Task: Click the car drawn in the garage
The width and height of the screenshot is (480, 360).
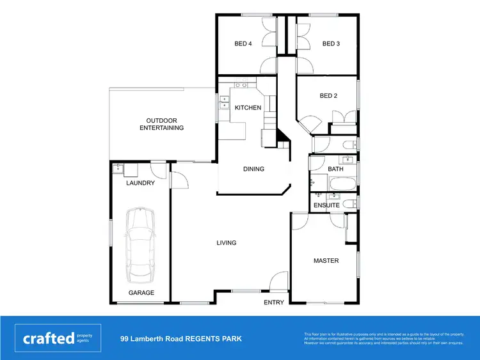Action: pos(140,245)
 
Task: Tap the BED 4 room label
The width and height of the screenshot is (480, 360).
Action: pos(243,44)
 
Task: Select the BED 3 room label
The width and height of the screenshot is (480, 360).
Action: pos(330,44)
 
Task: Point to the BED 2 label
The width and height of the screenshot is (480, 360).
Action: pos(328,96)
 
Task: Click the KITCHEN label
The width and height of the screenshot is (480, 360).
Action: pos(248,108)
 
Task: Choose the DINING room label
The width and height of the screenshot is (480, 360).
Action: pos(253,169)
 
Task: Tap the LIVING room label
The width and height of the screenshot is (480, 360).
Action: pos(227,243)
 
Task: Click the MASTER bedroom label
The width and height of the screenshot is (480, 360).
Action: pos(326,261)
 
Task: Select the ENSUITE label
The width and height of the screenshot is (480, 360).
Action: pos(326,205)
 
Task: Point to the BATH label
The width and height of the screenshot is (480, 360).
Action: pos(335,169)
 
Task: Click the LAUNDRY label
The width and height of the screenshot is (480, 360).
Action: pos(140,184)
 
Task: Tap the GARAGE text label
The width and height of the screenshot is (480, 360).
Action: pos(141,293)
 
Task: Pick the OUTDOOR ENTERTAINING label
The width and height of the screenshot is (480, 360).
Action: pos(161,124)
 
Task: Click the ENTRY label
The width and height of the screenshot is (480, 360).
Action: pos(273,302)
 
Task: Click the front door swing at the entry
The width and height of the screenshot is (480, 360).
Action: pos(279,281)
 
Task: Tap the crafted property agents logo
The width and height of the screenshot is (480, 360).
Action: pos(58,338)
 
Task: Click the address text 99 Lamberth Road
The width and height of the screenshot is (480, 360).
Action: pos(181,338)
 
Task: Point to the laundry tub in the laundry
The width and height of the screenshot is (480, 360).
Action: pos(118,168)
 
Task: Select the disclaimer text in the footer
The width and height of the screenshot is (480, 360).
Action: pos(384,338)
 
